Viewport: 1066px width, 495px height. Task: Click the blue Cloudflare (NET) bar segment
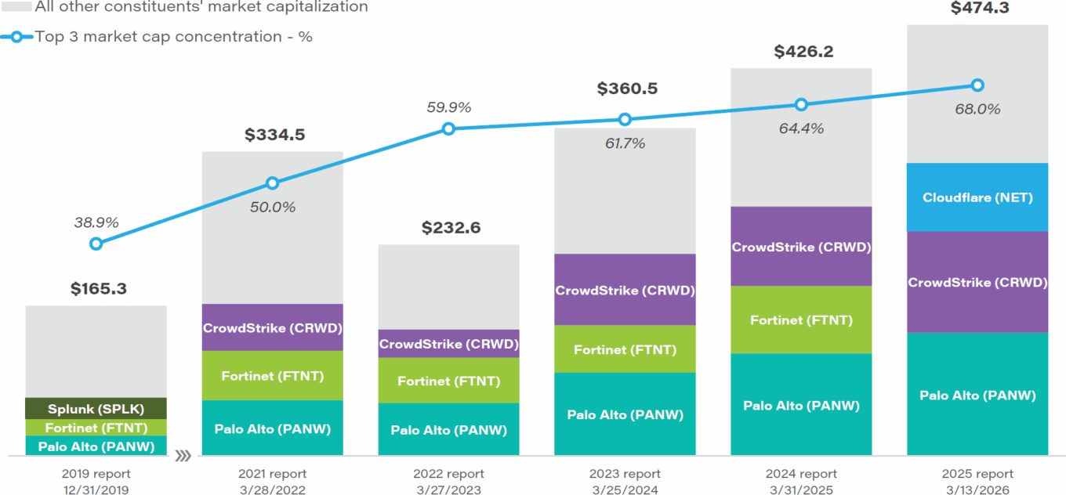click(x=977, y=197)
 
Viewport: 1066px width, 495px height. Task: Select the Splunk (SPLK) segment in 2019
click(x=96, y=409)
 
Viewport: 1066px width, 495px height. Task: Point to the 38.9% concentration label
click(x=96, y=222)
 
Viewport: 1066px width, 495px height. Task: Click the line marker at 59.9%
click(x=448, y=128)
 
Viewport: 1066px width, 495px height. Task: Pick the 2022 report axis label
click(x=448, y=474)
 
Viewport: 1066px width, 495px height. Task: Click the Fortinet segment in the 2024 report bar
click(x=801, y=320)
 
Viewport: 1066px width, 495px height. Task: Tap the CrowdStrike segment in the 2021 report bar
click(x=272, y=327)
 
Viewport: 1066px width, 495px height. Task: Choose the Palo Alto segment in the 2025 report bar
click(x=977, y=395)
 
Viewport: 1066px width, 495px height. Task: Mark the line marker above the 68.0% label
click(x=977, y=85)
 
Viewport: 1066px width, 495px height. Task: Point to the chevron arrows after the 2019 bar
click(x=183, y=455)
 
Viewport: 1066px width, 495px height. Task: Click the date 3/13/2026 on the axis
click(x=977, y=490)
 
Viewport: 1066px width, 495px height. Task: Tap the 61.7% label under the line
click(x=625, y=143)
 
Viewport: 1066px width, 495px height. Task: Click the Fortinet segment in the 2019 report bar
click(x=96, y=428)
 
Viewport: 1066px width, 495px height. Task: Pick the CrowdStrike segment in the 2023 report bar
click(x=625, y=290)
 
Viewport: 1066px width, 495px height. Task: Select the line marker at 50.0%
click(x=272, y=183)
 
